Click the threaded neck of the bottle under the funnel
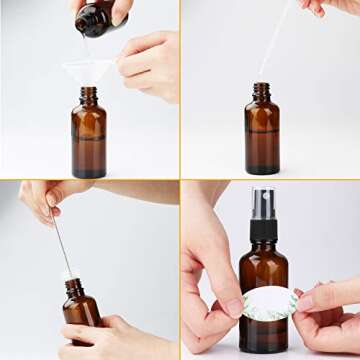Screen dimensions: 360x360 coord(89,95)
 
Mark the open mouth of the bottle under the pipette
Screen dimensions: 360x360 coord(261,85)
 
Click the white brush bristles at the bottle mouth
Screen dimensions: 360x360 coord(69,273)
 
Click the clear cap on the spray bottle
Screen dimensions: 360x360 coord(263,200)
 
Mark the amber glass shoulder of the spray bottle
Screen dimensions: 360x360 coord(263,258)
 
